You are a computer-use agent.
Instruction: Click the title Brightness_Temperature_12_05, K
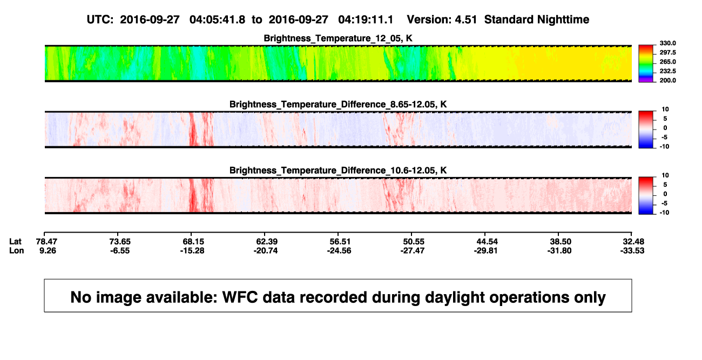[338, 38]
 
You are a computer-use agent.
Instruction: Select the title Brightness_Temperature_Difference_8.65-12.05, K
[338, 104]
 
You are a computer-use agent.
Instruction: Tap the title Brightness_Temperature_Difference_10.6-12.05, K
[338, 171]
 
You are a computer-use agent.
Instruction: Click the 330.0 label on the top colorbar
[667, 43]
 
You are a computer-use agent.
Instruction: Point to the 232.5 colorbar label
[667, 71]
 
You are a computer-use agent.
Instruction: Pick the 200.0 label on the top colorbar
[667, 80]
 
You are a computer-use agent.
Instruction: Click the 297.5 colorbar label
[667, 52]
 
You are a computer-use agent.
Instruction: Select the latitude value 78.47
[46, 242]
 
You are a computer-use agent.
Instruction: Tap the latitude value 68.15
[193, 242]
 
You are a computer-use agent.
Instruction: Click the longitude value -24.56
[339, 250]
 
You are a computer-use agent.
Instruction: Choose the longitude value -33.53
[632, 250]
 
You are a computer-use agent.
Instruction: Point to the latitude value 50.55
[413, 242]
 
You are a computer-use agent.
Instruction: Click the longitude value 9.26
[48, 250]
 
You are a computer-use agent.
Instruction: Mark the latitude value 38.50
[561, 242]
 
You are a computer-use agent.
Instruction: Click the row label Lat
[15, 242]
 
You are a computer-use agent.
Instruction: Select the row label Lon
[17, 250]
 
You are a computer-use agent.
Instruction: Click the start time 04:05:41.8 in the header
[217, 19]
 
